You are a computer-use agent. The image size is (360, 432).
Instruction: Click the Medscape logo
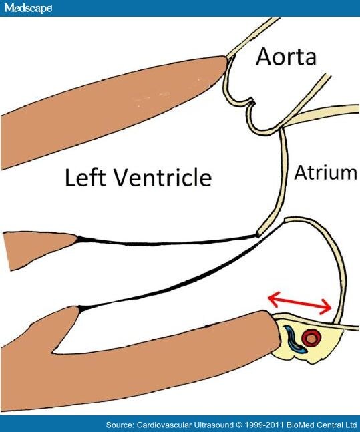coord(28,8)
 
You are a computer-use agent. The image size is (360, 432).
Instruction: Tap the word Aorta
coord(286,57)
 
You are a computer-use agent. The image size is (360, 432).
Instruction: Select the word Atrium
coord(325,172)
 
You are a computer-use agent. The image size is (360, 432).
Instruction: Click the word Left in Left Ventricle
coord(85,177)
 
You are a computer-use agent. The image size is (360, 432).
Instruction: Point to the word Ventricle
coord(163,177)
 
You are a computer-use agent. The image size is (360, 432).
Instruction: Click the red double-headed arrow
coord(300,304)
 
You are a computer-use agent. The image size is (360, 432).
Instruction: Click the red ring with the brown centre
coord(311,338)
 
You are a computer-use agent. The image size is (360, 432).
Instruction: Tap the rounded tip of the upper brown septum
coord(225,63)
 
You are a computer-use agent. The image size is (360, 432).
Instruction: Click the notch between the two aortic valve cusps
coord(251,103)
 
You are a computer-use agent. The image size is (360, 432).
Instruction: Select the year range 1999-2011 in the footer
coord(266,425)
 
